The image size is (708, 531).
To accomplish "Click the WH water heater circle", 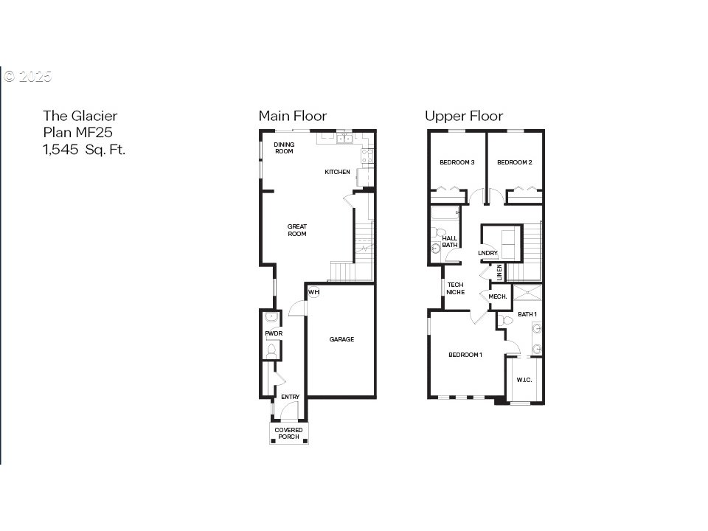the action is click(x=314, y=292).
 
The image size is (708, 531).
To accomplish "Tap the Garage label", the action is click(x=341, y=339).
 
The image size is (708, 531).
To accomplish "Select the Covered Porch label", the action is click(x=288, y=434).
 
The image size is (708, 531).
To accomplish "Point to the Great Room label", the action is click(x=297, y=230).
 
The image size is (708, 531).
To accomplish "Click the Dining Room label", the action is click(x=284, y=147).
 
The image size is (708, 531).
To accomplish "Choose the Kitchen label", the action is click(x=337, y=172).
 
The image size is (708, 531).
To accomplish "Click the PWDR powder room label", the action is click(x=274, y=333).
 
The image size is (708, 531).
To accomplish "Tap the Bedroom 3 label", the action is click(x=457, y=162).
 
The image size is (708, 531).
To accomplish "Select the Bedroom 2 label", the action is click(x=515, y=162).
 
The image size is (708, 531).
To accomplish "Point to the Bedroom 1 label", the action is click(x=465, y=355).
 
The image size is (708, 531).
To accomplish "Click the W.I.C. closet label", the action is click(x=524, y=381).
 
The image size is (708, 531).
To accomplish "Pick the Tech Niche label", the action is click(x=456, y=288).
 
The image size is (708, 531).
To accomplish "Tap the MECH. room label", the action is click(x=498, y=296).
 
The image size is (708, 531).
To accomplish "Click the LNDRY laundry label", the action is click(x=487, y=253).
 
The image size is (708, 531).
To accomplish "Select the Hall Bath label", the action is click(x=450, y=242).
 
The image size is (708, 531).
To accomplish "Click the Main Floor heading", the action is click(x=293, y=116).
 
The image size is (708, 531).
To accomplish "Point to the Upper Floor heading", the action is click(x=464, y=116).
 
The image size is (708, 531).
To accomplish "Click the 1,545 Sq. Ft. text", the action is click(x=84, y=150).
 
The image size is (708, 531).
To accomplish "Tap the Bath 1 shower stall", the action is click(x=527, y=293).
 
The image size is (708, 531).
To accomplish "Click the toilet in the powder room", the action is click(x=271, y=351).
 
